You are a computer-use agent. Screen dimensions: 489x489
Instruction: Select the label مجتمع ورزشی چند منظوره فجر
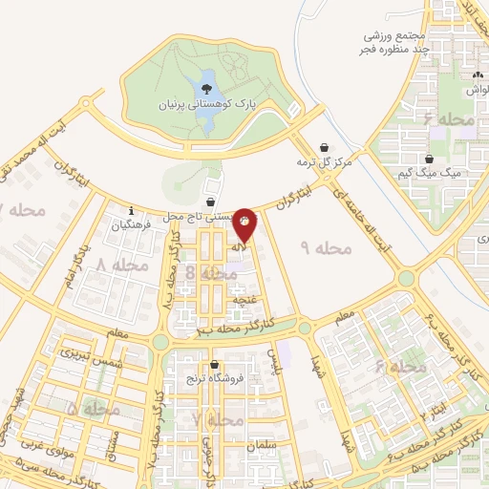[391, 35]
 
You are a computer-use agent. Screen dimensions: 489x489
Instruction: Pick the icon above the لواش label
[478, 75]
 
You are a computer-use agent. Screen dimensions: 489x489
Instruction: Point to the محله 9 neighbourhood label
[326, 248]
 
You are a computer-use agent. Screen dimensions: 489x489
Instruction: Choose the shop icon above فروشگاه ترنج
[216, 365]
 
